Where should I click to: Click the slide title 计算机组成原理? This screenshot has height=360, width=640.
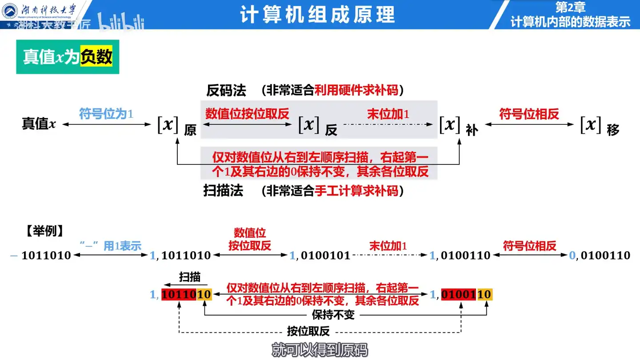[317, 15]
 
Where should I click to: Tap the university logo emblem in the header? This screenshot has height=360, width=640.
[10, 10]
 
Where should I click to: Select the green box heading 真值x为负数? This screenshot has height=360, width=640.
[68, 57]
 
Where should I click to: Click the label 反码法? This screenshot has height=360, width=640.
[226, 91]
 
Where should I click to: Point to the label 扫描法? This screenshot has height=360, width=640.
[223, 191]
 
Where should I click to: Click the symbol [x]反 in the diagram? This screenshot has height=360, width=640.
[316, 126]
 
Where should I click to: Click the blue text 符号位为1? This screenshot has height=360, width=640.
[106, 114]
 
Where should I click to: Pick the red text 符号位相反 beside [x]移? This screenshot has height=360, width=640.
[529, 114]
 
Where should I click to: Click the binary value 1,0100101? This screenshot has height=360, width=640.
[320, 256]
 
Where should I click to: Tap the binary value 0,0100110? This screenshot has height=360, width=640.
[600, 256]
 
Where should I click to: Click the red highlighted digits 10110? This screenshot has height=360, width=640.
[179, 294]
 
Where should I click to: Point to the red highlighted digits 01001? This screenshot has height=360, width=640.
[459, 294]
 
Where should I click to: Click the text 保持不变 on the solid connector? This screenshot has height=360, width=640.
[333, 315]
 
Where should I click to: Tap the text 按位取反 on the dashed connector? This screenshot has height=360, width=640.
[308, 332]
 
